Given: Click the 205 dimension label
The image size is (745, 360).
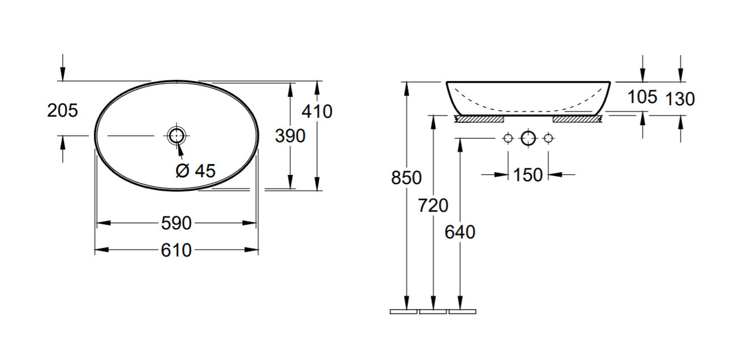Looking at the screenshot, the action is click(62, 110).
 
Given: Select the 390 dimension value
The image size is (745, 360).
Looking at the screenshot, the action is click(290, 136).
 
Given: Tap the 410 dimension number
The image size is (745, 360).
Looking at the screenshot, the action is click(317, 112).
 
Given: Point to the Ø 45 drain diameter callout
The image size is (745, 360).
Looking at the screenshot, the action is click(195, 170).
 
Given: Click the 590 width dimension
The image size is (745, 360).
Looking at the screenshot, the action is click(176, 223).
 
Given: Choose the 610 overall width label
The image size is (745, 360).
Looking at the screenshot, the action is click(176, 250).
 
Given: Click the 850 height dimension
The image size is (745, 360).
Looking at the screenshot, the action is click(406, 178).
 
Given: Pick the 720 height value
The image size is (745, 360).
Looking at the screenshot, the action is click(433, 205).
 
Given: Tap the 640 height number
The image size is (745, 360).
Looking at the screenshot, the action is click(460, 232).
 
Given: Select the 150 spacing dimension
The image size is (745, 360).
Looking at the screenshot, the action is click(528, 175).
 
